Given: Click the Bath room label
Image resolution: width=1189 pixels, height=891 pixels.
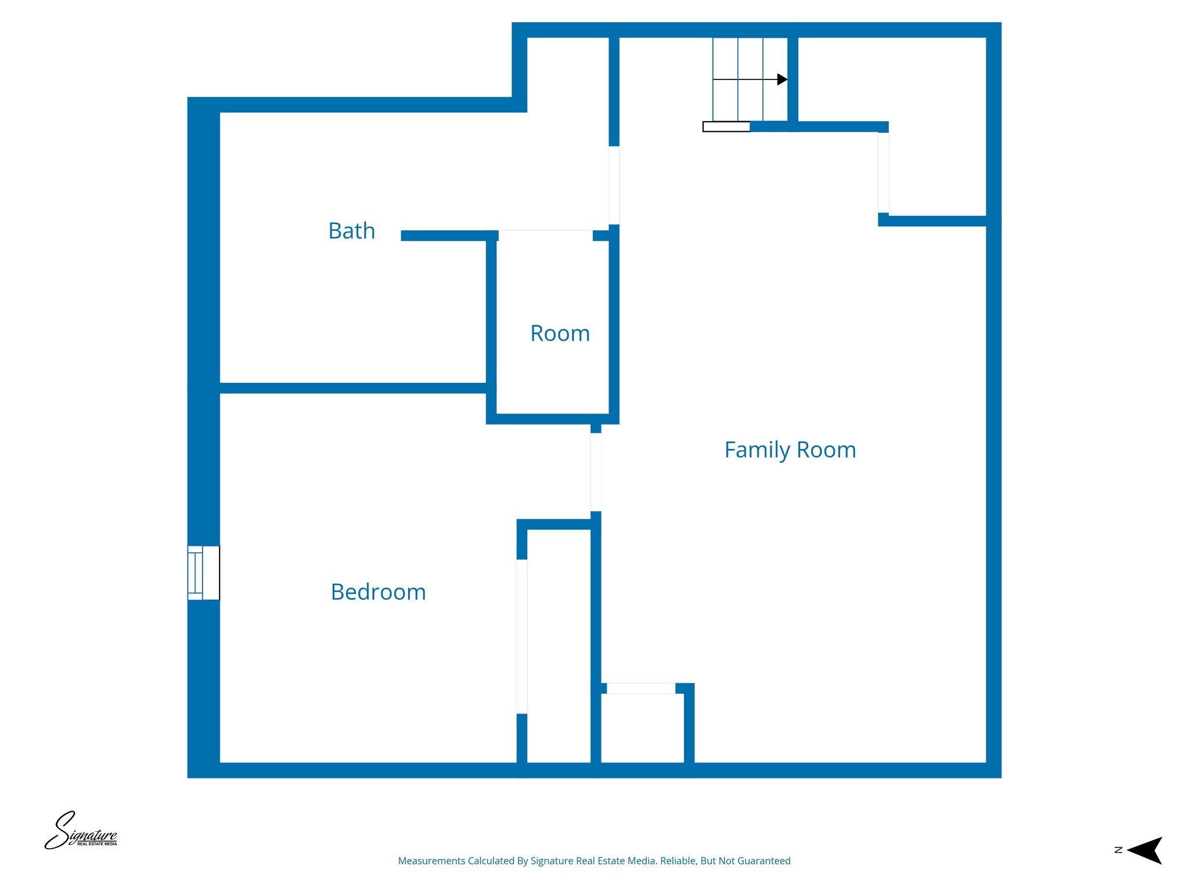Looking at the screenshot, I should click(x=352, y=231).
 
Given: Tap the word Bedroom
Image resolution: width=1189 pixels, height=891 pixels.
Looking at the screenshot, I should click(x=378, y=592).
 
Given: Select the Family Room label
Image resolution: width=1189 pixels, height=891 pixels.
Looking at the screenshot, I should click(x=790, y=450).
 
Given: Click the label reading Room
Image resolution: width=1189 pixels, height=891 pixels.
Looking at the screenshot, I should click(x=560, y=334).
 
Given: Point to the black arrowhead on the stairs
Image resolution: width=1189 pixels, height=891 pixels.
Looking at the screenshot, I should click(x=782, y=79).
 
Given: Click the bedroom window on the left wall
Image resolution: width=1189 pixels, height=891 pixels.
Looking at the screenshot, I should click(x=203, y=573).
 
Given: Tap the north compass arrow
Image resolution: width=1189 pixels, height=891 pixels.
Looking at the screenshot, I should click(x=1145, y=850).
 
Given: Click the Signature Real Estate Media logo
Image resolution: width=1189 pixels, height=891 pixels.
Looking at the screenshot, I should click(x=81, y=831).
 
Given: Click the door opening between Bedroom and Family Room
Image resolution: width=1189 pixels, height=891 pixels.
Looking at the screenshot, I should click(x=596, y=472).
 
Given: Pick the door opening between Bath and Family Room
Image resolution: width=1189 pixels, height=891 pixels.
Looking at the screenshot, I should click(x=614, y=185).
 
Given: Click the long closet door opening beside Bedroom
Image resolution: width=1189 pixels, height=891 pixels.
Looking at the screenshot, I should click(x=522, y=636).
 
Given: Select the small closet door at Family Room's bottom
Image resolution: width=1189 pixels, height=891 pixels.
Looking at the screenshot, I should click(x=641, y=689).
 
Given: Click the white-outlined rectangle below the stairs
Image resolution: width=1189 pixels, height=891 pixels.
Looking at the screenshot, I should click(x=726, y=126).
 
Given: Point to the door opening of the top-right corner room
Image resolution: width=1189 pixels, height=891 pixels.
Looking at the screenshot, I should click(x=883, y=172).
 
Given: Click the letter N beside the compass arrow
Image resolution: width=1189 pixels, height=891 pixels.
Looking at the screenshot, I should click(x=1118, y=850).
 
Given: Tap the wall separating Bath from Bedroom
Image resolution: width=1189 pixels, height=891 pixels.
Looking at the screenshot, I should click(x=353, y=388).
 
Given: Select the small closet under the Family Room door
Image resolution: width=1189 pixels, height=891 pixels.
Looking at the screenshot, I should click(x=642, y=728).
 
